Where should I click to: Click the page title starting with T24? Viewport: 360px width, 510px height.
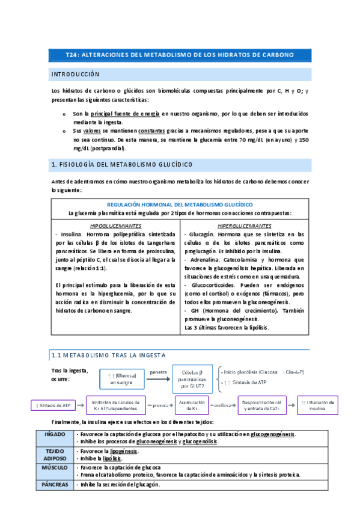pyautogui.click(x=179, y=55)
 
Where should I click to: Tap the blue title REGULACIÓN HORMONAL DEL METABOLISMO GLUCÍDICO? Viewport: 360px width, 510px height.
pyautogui.click(x=179, y=204)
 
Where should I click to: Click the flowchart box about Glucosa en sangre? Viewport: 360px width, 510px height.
pyautogui.click(x=124, y=379)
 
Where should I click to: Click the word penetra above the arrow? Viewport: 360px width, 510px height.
pyautogui.click(x=159, y=371)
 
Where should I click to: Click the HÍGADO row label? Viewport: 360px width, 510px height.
pyautogui.click(x=63, y=434)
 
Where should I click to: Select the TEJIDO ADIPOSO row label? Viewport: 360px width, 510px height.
pyautogui.click(x=63, y=454)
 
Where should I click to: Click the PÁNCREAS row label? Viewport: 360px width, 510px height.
pyautogui.click(x=63, y=484)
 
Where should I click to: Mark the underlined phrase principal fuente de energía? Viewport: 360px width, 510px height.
pyautogui.click(x=125, y=113)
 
